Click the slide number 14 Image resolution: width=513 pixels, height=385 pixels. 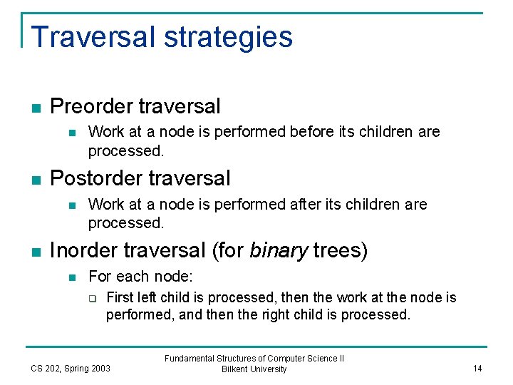pos(477,368)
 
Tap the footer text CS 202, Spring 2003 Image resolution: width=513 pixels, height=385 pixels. pos(71,368)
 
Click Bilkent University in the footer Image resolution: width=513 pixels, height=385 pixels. pos(254,369)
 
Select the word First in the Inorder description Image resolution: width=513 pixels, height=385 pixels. pos(120,297)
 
